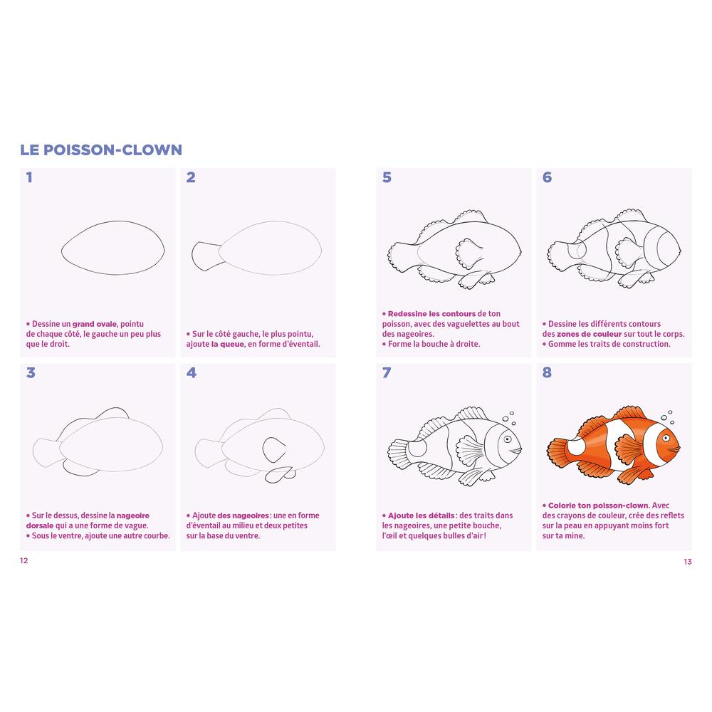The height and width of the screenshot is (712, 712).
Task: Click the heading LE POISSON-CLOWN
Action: tap(101, 150)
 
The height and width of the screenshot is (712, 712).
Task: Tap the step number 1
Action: tap(29, 177)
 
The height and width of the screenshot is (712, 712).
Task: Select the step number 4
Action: tap(191, 373)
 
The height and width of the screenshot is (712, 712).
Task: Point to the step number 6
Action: tap(547, 177)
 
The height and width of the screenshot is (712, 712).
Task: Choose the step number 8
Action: tap(547, 373)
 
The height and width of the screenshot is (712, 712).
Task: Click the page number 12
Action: tap(24, 560)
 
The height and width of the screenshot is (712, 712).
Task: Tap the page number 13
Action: tap(688, 562)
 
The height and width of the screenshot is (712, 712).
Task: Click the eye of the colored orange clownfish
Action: tap(666, 438)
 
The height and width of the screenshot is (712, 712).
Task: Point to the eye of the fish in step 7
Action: tap(507, 439)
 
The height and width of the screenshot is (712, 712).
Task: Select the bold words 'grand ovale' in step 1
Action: tap(95, 324)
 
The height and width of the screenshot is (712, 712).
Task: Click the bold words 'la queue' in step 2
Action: tap(228, 344)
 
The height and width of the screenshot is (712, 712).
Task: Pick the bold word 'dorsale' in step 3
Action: tap(39, 526)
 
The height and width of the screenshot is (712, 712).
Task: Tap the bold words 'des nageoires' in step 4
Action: tap(244, 515)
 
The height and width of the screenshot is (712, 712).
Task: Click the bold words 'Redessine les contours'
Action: tap(431, 314)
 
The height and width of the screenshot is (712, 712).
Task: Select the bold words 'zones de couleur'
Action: tap(589, 334)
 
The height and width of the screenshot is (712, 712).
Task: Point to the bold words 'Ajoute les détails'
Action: tap(421, 515)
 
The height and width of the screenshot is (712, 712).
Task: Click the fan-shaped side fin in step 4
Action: tap(274, 450)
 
